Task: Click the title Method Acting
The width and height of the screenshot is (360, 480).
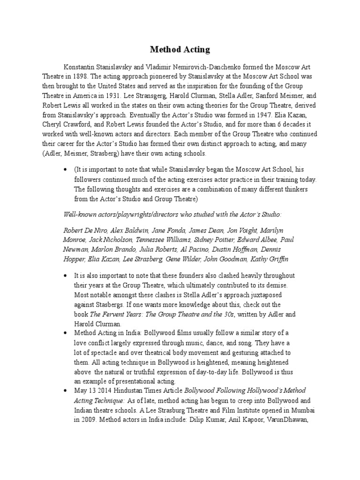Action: point(180,49)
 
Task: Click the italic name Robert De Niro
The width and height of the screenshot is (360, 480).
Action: point(83,230)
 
